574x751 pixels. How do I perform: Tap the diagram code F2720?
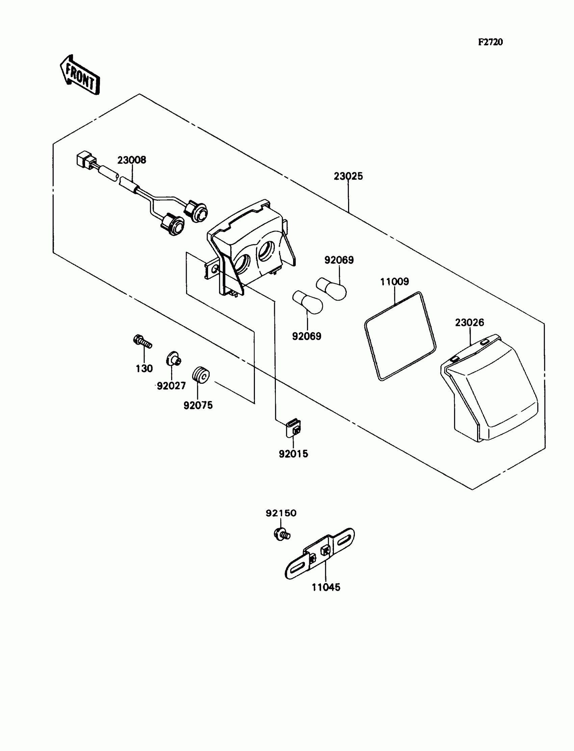tap(490, 42)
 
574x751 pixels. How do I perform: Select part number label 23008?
tap(132, 160)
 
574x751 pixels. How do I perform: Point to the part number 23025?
tap(348, 176)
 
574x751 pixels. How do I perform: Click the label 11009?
tap(394, 282)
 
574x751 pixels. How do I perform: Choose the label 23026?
tap(469, 322)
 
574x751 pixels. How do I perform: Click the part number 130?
tap(144, 369)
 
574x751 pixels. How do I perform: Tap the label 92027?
tap(171, 386)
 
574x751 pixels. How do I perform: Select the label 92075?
tap(198, 405)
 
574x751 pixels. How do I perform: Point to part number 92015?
tap(293, 454)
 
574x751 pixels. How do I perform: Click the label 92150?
tap(281, 513)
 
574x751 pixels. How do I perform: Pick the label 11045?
tap(325, 587)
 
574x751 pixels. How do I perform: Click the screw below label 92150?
tap(282, 533)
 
